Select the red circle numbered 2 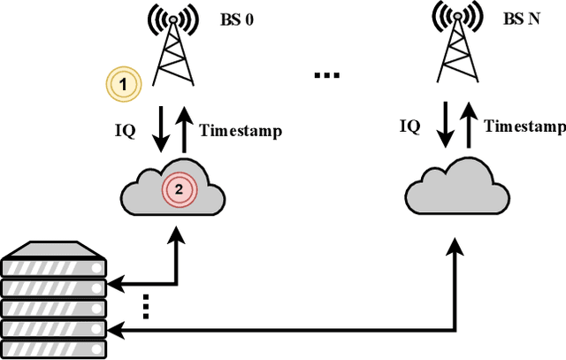tap(178, 188)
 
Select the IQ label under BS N tap(409, 126)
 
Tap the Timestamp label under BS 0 tap(241, 131)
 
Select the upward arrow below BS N tap(467, 124)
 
